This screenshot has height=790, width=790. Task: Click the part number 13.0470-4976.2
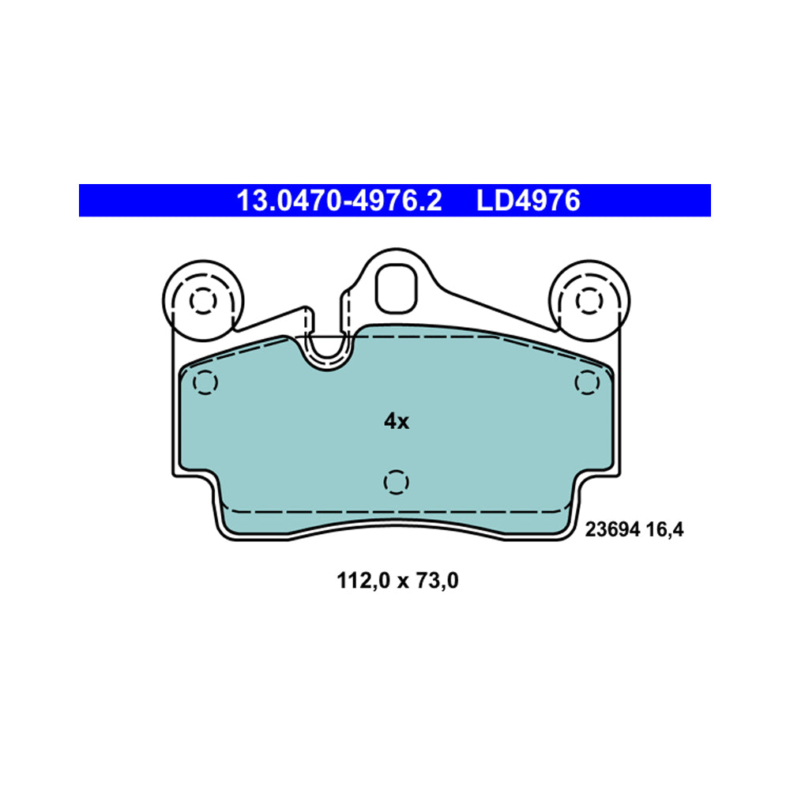click(340, 201)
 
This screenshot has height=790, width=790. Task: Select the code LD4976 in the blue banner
click(528, 201)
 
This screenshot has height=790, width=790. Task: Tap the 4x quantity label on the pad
click(396, 422)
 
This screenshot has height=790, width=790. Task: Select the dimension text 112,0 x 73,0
click(398, 582)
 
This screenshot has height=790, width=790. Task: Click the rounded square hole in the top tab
click(397, 287)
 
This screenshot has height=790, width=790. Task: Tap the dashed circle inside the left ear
click(203, 300)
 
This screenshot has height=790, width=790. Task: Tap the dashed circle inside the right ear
click(588, 300)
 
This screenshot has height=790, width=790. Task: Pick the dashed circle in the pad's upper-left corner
click(205, 383)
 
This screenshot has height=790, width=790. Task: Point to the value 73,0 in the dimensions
click(437, 582)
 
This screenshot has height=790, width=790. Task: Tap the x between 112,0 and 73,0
click(401, 583)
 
